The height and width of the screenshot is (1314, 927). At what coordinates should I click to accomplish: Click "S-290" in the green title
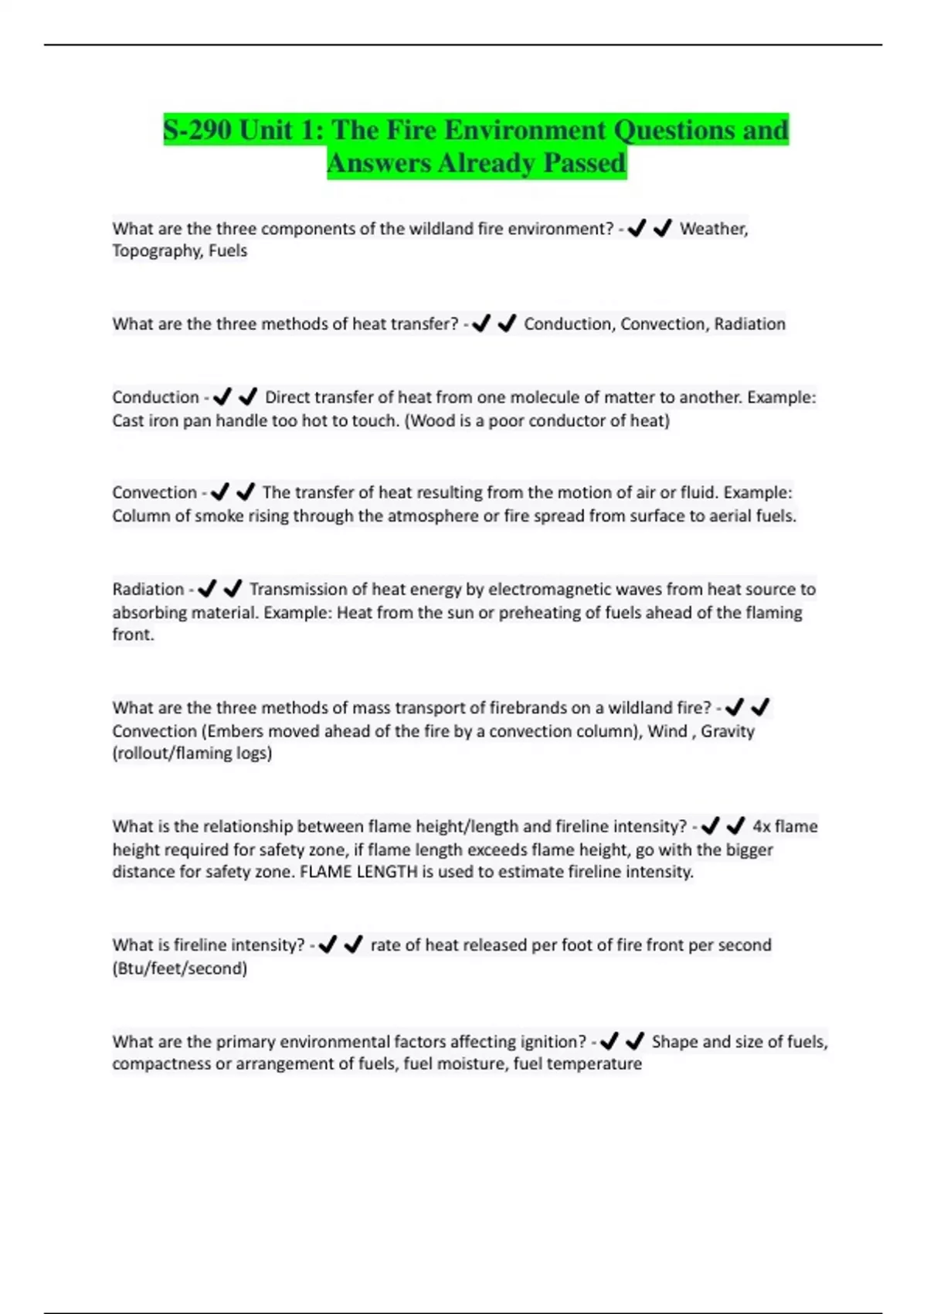tap(198, 130)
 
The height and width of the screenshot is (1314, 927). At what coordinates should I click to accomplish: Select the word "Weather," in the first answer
tap(713, 229)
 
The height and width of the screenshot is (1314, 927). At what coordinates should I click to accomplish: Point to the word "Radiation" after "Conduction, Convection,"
tap(749, 324)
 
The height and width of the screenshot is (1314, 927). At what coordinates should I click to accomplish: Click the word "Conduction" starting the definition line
tap(155, 397)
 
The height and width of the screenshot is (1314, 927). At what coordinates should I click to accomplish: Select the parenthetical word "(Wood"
tap(429, 420)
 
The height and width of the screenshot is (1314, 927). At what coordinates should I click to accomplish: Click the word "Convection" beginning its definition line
tap(154, 492)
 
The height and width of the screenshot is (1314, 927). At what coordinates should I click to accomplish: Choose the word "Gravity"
tap(727, 730)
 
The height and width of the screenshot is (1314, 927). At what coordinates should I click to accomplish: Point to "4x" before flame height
tap(761, 826)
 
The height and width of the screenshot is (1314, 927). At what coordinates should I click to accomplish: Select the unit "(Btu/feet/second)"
tap(179, 968)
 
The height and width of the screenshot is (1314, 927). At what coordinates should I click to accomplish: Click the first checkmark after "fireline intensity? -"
tap(328, 944)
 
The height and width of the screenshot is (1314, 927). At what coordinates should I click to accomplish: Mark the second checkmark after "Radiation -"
tap(233, 588)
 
